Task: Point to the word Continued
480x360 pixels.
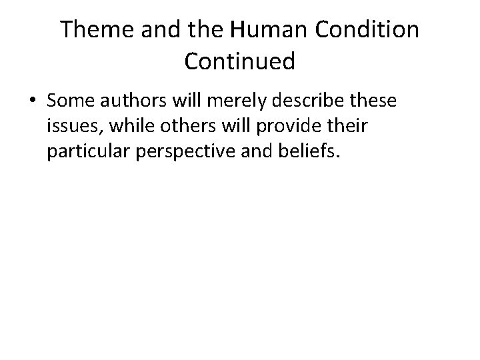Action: [x=239, y=61]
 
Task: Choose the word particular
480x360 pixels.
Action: [x=87, y=153]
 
